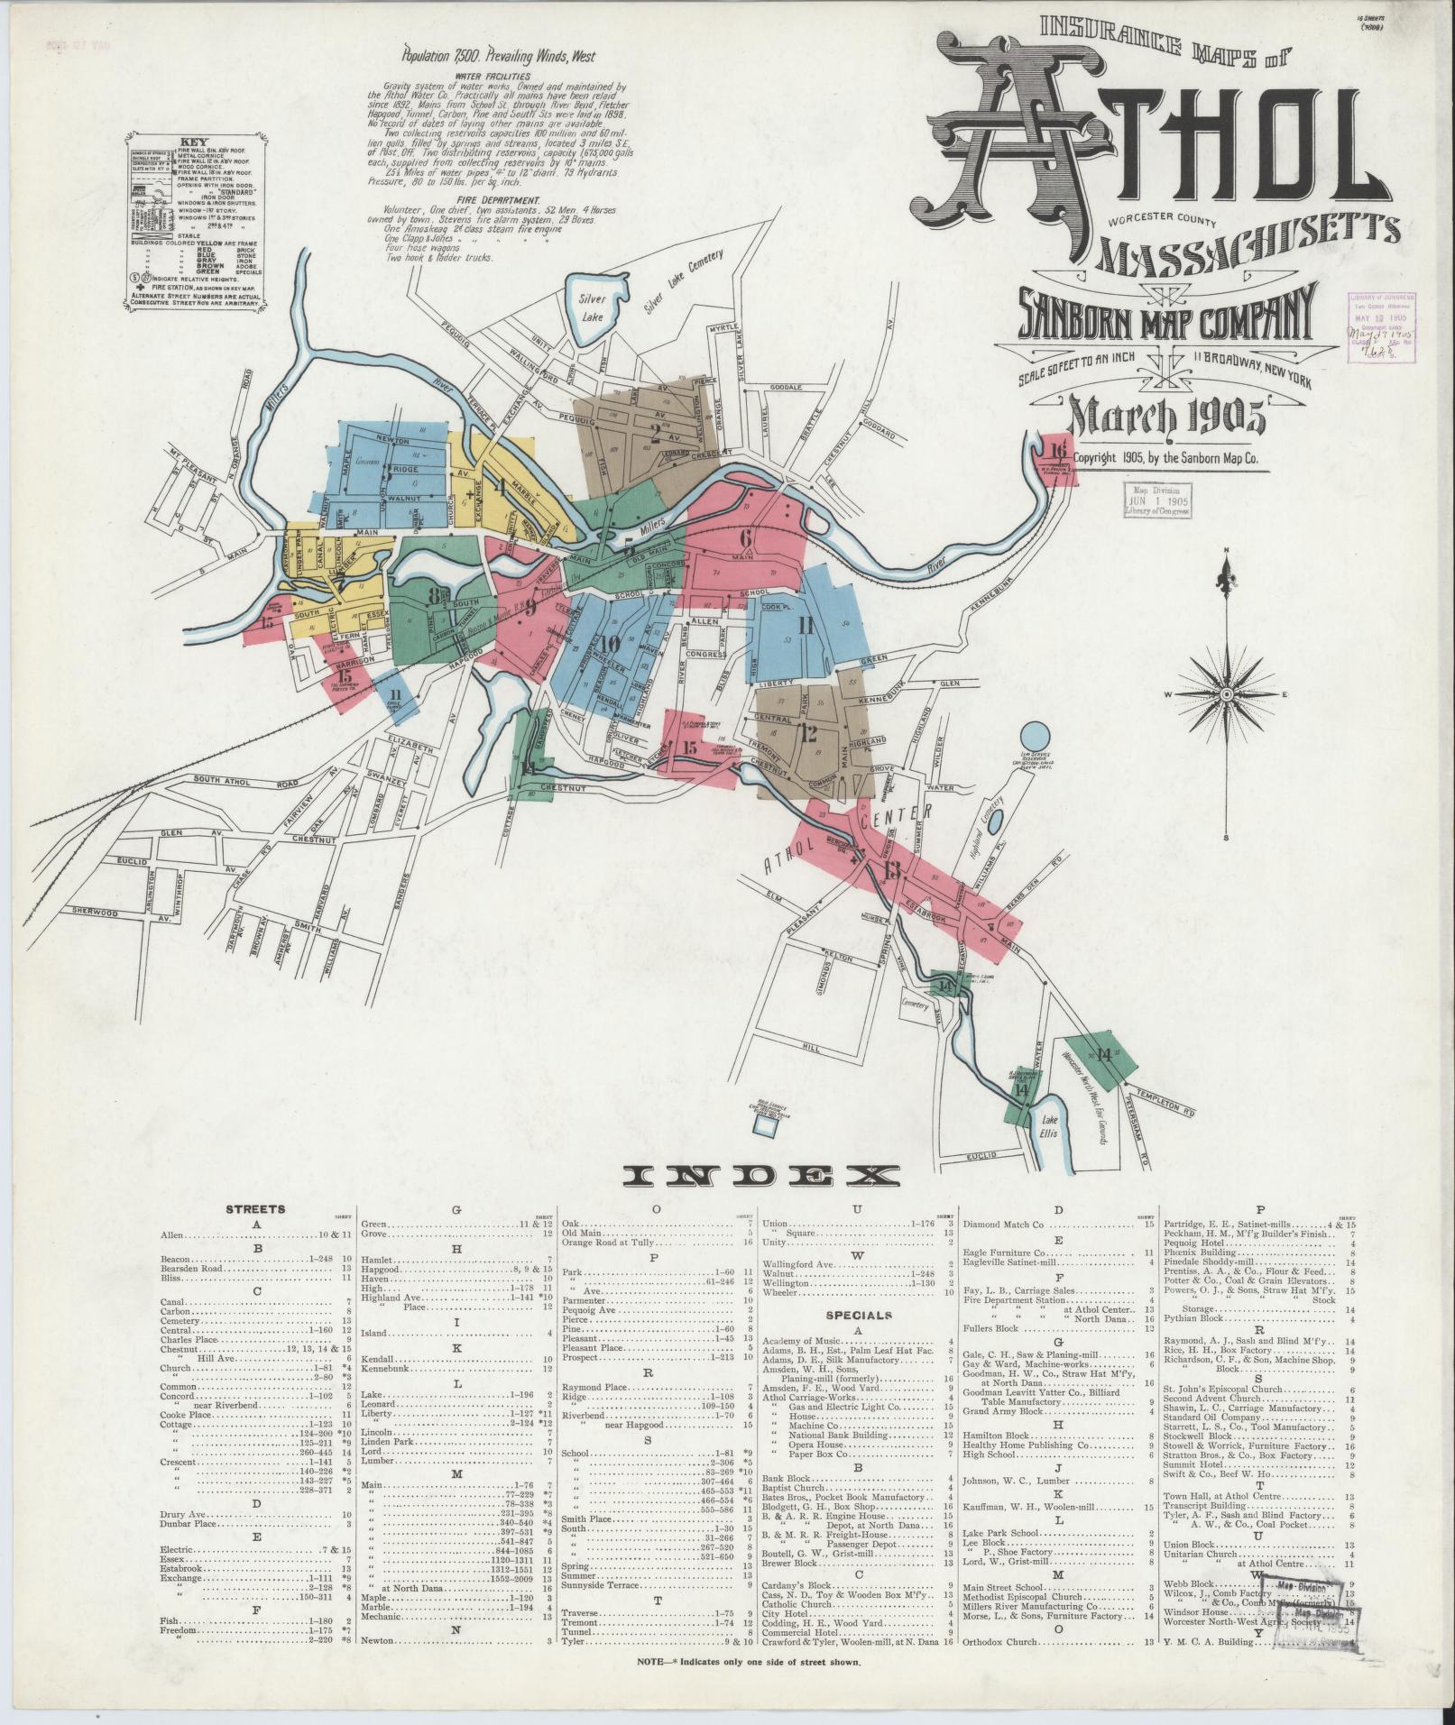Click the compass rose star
coord(1226,693)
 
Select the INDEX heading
coord(760,1174)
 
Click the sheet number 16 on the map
coord(1057,453)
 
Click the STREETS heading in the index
coord(255,1209)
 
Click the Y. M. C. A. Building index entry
coord(1211,1642)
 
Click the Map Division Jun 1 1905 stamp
coord(1156,499)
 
